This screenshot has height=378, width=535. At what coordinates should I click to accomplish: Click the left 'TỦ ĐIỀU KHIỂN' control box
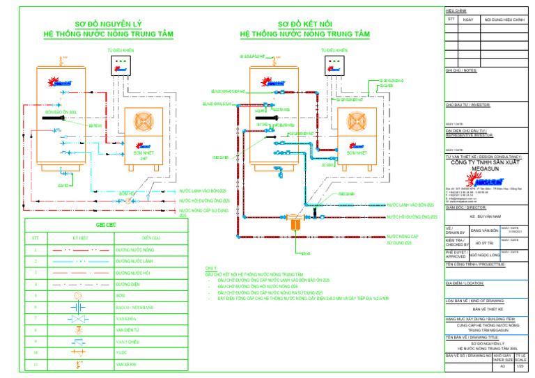[x=121, y=65]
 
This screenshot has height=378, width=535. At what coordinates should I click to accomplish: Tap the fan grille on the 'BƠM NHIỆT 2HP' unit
[x=144, y=124]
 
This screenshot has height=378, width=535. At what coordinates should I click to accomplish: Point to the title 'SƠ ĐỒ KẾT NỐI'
[x=305, y=24]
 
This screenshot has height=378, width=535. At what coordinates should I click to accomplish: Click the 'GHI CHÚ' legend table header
[x=104, y=225]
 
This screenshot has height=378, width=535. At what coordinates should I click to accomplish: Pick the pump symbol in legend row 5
[x=77, y=295]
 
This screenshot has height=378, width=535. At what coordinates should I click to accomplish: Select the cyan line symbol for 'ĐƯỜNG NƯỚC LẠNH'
[x=77, y=261]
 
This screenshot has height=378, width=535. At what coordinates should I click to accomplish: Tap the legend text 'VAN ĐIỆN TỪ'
[x=126, y=330]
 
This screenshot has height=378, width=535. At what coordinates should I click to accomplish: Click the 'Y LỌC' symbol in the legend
[x=77, y=352]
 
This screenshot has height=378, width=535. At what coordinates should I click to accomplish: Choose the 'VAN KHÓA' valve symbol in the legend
[x=77, y=318]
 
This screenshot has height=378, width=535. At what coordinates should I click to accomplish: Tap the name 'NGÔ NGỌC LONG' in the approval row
[x=486, y=255]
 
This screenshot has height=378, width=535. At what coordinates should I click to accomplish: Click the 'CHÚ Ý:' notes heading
[x=211, y=267]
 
